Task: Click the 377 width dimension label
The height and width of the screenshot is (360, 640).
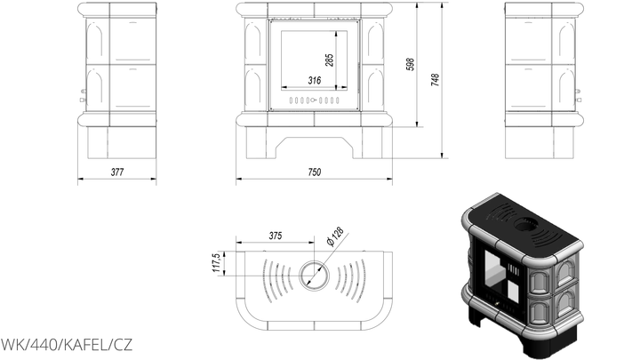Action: [x=117, y=172]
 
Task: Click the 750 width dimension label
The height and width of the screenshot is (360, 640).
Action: [x=315, y=172]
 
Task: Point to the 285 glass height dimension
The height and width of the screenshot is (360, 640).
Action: [x=330, y=60]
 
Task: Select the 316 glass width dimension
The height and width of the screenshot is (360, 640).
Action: [x=315, y=80]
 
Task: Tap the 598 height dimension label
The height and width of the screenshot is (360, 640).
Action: [x=410, y=65]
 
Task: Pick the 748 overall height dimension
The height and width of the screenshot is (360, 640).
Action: [x=436, y=80]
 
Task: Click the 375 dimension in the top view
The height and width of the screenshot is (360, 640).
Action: [x=276, y=236]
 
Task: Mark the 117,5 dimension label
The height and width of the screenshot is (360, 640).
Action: [x=216, y=263]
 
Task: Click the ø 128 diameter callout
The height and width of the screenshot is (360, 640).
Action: [x=335, y=236]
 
